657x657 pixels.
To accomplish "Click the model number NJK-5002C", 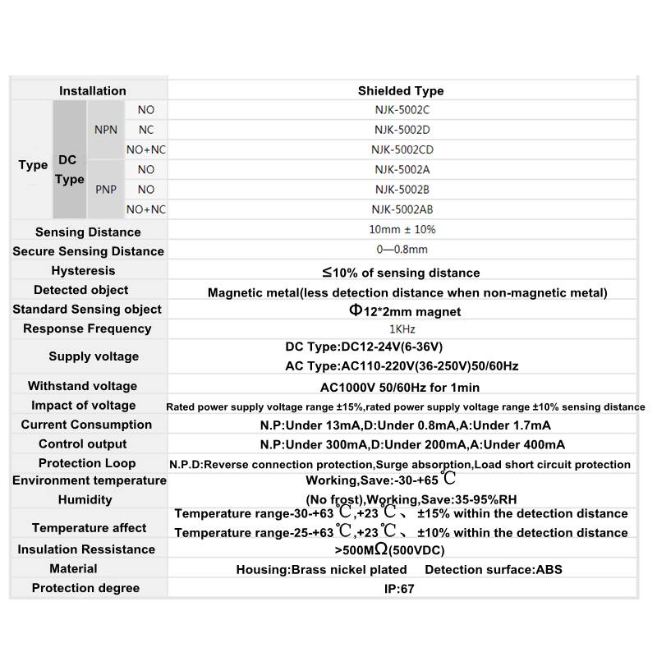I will (x=402, y=110).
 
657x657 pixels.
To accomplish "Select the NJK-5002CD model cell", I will (x=402, y=149).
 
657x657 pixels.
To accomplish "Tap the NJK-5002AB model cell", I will (x=402, y=209).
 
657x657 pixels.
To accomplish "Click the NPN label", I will (x=106, y=130).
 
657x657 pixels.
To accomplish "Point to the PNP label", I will (x=106, y=190).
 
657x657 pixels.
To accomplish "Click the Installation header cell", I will (x=93, y=91).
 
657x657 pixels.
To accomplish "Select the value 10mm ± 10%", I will (x=402, y=230).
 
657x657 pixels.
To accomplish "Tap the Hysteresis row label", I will (x=83, y=271).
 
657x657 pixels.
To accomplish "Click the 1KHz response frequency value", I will (x=402, y=329).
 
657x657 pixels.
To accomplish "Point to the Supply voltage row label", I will (x=94, y=356).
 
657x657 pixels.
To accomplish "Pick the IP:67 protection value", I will (x=402, y=589).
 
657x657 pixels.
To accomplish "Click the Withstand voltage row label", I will (x=82, y=386).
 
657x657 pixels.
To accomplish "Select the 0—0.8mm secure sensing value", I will (x=402, y=250).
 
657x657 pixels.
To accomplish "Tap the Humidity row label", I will (x=85, y=500).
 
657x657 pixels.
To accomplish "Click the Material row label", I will (x=73, y=569).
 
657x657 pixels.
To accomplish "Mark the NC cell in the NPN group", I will (x=146, y=130).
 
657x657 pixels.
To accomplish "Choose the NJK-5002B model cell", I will (x=402, y=190).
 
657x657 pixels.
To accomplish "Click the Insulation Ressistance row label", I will (x=86, y=549).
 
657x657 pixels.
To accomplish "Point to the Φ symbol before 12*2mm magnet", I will (x=355, y=310).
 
